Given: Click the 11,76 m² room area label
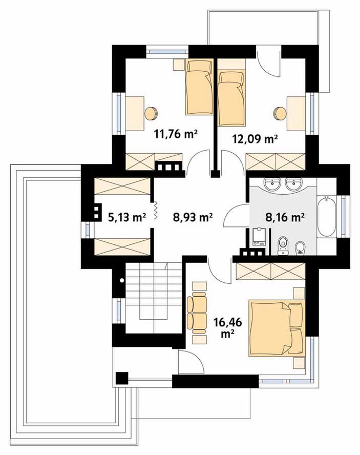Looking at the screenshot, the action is tap(176, 134).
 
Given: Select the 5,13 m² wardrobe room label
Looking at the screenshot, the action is tap(127, 217).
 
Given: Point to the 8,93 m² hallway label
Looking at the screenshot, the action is tap(193, 217).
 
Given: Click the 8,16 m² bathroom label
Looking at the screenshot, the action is tap(285, 217).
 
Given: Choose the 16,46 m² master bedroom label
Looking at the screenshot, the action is tap(228, 327).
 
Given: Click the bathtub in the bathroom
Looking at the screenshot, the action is tap(327, 216).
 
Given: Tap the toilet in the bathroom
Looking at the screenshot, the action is tap(282, 245).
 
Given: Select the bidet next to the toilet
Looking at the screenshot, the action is tap(300, 249).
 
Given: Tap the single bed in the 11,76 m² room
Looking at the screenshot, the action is tap(199, 87).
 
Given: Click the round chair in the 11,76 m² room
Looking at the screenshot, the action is tap(151, 113).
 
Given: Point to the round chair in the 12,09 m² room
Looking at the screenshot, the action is tap(280, 113).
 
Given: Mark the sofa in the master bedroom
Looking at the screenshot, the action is tap(197, 312).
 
